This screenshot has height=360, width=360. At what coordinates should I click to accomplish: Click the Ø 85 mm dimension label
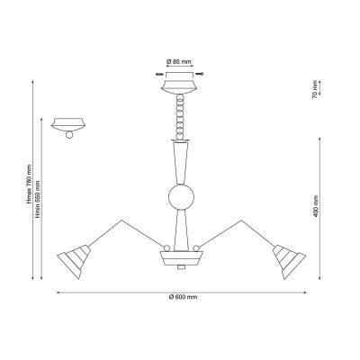pyautogui.click(x=179, y=62)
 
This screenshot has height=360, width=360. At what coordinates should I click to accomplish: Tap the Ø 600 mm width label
pyautogui.click(x=183, y=297)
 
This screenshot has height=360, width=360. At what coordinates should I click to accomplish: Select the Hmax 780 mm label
pyautogui.click(x=29, y=184)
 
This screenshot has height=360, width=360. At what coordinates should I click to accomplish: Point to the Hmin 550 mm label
pyautogui.click(x=38, y=199)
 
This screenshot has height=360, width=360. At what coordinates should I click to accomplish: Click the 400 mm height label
pyautogui.click(x=315, y=206)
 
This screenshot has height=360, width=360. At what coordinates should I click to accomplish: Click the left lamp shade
pyautogui.click(x=74, y=261)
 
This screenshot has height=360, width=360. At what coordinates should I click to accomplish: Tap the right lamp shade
pyautogui.click(x=289, y=261)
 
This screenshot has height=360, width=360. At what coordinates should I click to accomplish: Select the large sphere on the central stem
pyautogui.click(x=181, y=197)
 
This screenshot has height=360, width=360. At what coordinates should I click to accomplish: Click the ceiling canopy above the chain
pyautogui.click(x=179, y=83)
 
